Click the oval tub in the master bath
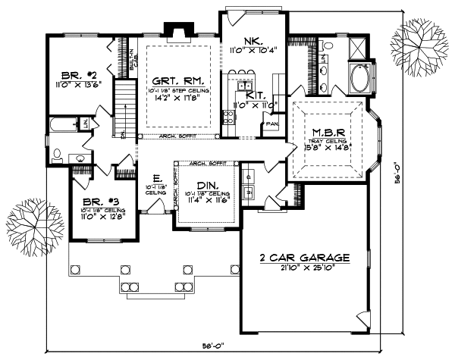356,77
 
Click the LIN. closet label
86,123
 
